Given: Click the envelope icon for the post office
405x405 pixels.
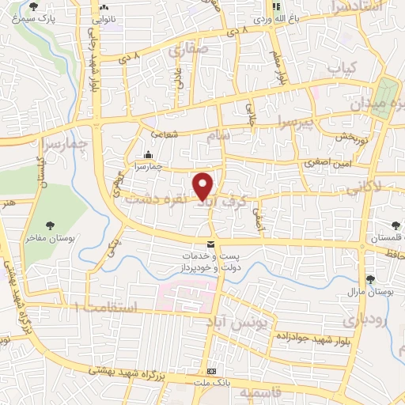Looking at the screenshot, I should [210, 245].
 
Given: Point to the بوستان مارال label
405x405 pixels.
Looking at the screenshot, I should [371, 292].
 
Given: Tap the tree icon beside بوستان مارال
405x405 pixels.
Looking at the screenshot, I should [371, 278].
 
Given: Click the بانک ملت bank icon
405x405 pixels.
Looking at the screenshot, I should [210, 372].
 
